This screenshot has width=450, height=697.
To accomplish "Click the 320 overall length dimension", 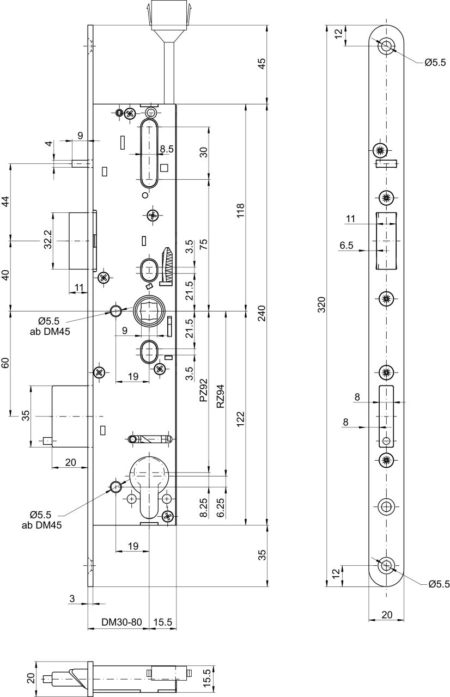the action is (x=322, y=304).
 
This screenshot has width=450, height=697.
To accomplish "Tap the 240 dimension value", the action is (x=262, y=313).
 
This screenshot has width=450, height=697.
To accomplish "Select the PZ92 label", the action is (x=203, y=390).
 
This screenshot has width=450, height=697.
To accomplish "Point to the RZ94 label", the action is (x=221, y=396).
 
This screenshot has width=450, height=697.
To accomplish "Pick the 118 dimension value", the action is (x=241, y=211).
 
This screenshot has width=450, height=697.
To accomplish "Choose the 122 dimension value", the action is (x=241, y=419).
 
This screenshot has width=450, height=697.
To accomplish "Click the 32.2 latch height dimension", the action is (x=47, y=240).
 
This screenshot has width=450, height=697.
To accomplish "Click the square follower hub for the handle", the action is (x=149, y=310).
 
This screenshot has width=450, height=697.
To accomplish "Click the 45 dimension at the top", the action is (x=262, y=64).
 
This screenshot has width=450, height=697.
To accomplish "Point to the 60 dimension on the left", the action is (x=6, y=363).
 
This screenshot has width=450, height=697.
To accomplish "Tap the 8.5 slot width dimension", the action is (x=167, y=149).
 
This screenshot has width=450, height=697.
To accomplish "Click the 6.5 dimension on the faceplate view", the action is (x=346, y=246).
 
